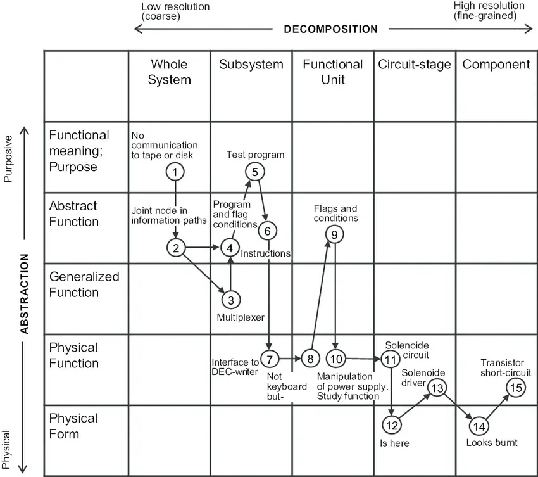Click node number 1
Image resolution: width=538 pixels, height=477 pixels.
(x=175, y=172)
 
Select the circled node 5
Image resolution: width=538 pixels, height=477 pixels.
(x=255, y=172)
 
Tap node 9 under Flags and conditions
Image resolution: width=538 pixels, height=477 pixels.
(x=335, y=234)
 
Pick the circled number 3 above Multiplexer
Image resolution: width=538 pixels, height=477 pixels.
(x=231, y=300)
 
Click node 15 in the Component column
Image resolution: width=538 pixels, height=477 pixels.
(x=516, y=388)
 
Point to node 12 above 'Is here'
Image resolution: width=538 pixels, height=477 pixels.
(x=392, y=425)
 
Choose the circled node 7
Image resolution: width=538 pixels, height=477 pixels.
(x=270, y=359)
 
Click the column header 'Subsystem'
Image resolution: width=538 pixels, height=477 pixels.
(x=251, y=64)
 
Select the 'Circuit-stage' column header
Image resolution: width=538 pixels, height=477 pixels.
(x=415, y=65)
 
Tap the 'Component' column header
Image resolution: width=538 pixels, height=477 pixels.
(x=496, y=65)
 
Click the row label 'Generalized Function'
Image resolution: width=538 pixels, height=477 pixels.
(x=84, y=284)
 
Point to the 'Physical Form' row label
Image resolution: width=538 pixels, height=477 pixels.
(x=73, y=426)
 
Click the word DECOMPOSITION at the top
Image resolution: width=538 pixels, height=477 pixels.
(x=331, y=29)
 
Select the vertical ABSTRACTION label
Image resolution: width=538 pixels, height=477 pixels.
(x=24, y=294)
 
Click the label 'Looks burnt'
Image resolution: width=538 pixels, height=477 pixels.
(x=492, y=442)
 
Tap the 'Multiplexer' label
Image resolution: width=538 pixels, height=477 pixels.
(x=241, y=317)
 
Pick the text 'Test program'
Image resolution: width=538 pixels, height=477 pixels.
(x=255, y=155)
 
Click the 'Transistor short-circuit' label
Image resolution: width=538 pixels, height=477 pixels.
(x=506, y=367)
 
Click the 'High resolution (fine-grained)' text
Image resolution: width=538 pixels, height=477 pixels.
(x=489, y=11)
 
